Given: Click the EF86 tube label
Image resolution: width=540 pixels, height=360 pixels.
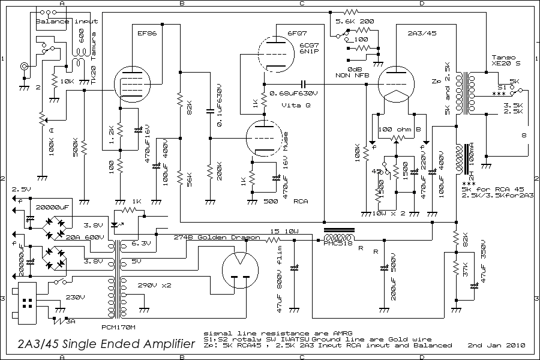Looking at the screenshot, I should [147, 34].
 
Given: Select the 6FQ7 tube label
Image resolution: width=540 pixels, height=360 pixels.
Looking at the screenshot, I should [298, 34].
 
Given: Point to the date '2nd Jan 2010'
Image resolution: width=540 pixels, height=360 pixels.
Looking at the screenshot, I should [497, 346].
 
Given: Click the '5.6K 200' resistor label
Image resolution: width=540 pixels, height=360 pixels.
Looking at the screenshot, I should [355, 21].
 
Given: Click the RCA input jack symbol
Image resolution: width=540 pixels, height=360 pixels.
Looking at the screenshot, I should [25, 66].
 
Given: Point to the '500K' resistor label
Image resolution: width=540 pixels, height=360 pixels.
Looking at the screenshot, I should [75, 148].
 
